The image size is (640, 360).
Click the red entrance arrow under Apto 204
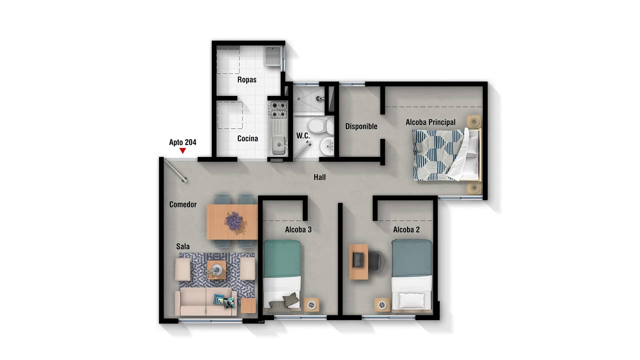click(x=182, y=151)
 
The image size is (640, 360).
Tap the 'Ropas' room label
click(x=247, y=80)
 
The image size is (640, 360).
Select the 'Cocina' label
click(x=248, y=138)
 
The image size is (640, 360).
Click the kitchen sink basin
click(x=278, y=145)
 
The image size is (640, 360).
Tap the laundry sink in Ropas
click(x=273, y=56)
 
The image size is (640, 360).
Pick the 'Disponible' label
click(x=361, y=126)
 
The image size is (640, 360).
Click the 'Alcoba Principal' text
click(x=431, y=122)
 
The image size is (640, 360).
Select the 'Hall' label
click(x=320, y=177)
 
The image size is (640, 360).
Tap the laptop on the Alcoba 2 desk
click(x=358, y=260)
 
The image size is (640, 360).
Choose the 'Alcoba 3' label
click(x=298, y=230)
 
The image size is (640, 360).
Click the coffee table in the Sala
click(x=217, y=270)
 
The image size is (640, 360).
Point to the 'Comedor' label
click(x=183, y=204)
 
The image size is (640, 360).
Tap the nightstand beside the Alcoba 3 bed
click(x=311, y=305)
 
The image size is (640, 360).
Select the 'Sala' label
click(x=183, y=246)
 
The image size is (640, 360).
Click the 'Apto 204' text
click(x=183, y=142)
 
